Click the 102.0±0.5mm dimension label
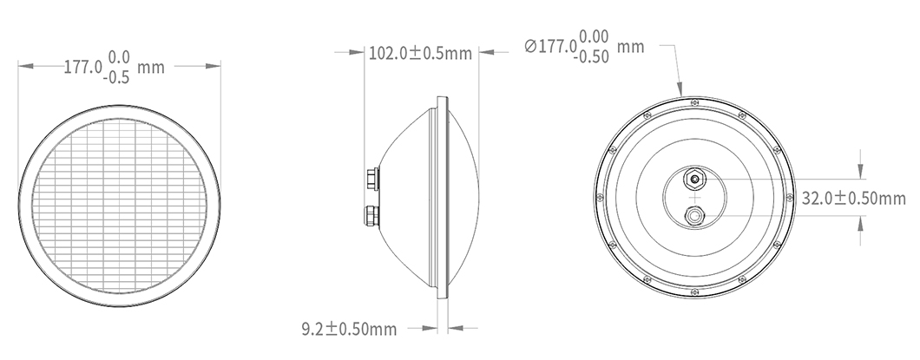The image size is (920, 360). [x=420, y=54]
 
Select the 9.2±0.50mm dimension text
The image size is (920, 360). [x=348, y=329]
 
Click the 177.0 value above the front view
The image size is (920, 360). [x=83, y=66]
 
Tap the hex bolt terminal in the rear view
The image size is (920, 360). [x=694, y=180]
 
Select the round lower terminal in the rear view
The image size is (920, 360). [x=694, y=213]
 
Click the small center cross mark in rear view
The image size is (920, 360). [x=694, y=198]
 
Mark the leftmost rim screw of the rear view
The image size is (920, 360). [x=599, y=198]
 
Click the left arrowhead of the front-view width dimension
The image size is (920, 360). [x=23, y=66]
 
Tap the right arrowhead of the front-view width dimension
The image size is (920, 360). [x=218, y=66]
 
